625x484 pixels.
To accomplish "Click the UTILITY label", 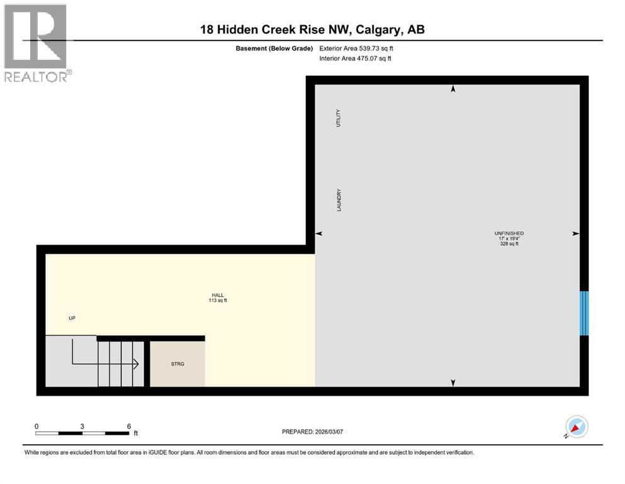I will pos(338,118).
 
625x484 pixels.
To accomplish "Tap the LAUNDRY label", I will pos(339,200).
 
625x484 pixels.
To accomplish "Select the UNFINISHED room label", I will pos(509,233).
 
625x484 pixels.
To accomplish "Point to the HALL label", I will pos(217,295).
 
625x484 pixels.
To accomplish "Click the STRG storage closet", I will pos(177,364).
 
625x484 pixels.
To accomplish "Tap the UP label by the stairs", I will pos(72,318).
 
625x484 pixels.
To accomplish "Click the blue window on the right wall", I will pos(584,313).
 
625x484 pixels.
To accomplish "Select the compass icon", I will pos(577,427).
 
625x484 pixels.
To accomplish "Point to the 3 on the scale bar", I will pos(82,426).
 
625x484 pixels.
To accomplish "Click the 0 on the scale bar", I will pos(37,426).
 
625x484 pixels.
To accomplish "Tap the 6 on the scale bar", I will pos(128,426).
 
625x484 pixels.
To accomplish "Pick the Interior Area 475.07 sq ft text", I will pos(356,59).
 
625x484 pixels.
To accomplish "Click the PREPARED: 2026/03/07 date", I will pos(312,432).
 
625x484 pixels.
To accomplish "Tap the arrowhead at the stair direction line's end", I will pos(135,364).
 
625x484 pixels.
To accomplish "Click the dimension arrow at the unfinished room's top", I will pos(452,89).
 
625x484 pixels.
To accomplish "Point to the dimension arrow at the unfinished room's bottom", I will pos(452,382).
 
